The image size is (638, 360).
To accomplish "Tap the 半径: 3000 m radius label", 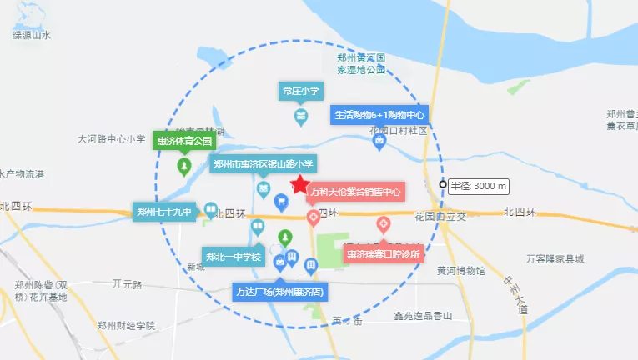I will click(x=479, y=186).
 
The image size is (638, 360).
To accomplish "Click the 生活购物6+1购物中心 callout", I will click(x=379, y=115).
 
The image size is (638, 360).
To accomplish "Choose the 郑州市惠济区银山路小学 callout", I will click(x=263, y=164).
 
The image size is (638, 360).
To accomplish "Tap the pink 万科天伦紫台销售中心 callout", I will click(x=354, y=192).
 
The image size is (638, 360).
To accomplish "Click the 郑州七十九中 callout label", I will click(x=164, y=212).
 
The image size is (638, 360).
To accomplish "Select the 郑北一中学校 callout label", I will click(x=234, y=255).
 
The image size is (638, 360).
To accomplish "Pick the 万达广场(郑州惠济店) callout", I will click(x=279, y=292).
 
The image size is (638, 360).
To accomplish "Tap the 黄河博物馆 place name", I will click(x=460, y=271).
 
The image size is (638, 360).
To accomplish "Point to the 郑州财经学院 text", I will click(x=126, y=325).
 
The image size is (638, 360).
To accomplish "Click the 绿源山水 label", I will click(x=33, y=35).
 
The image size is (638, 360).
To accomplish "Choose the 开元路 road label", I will click(x=128, y=284).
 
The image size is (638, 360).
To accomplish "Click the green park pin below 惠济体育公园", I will click(x=183, y=166).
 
